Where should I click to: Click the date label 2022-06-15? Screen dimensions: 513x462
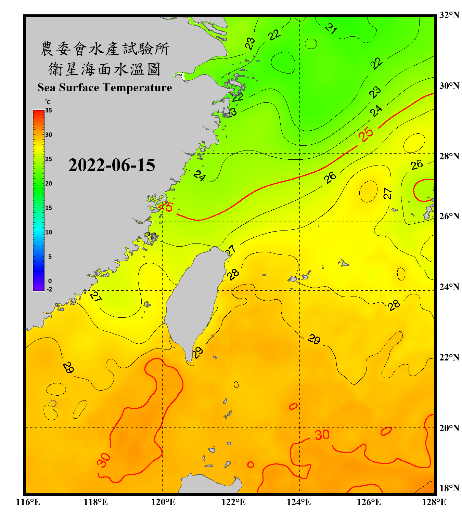pyautogui.click(x=112, y=165)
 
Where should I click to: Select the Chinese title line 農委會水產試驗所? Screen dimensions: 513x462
pyautogui.click(x=105, y=49)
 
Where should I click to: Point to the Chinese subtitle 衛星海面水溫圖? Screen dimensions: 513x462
pyautogui.click(x=105, y=69)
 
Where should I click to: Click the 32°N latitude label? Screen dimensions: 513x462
pyautogui.click(x=449, y=15)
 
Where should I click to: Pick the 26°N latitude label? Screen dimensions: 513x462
pyautogui.click(x=449, y=216)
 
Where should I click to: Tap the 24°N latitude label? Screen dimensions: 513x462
pyautogui.click(x=449, y=287)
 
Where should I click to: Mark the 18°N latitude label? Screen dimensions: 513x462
pyautogui.click(x=449, y=488)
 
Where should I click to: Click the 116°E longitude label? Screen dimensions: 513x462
pyautogui.click(x=28, y=502)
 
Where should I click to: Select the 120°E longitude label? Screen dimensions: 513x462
pyautogui.click(x=163, y=502)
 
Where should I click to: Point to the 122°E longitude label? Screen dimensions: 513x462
pyautogui.click(x=233, y=502)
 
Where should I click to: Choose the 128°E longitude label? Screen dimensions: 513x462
pyautogui.click(x=434, y=502)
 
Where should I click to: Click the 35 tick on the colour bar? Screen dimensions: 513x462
pyautogui.click(x=49, y=110)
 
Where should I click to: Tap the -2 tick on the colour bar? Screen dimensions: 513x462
pyautogui.click(x=49, y=289)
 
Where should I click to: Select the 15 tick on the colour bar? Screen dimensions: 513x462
pyautogui.click(x=49, y=208)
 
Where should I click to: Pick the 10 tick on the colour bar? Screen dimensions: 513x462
pyautogui.click(x=49, y=232)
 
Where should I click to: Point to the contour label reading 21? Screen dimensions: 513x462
pyautogui.click(x=331, y=28)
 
